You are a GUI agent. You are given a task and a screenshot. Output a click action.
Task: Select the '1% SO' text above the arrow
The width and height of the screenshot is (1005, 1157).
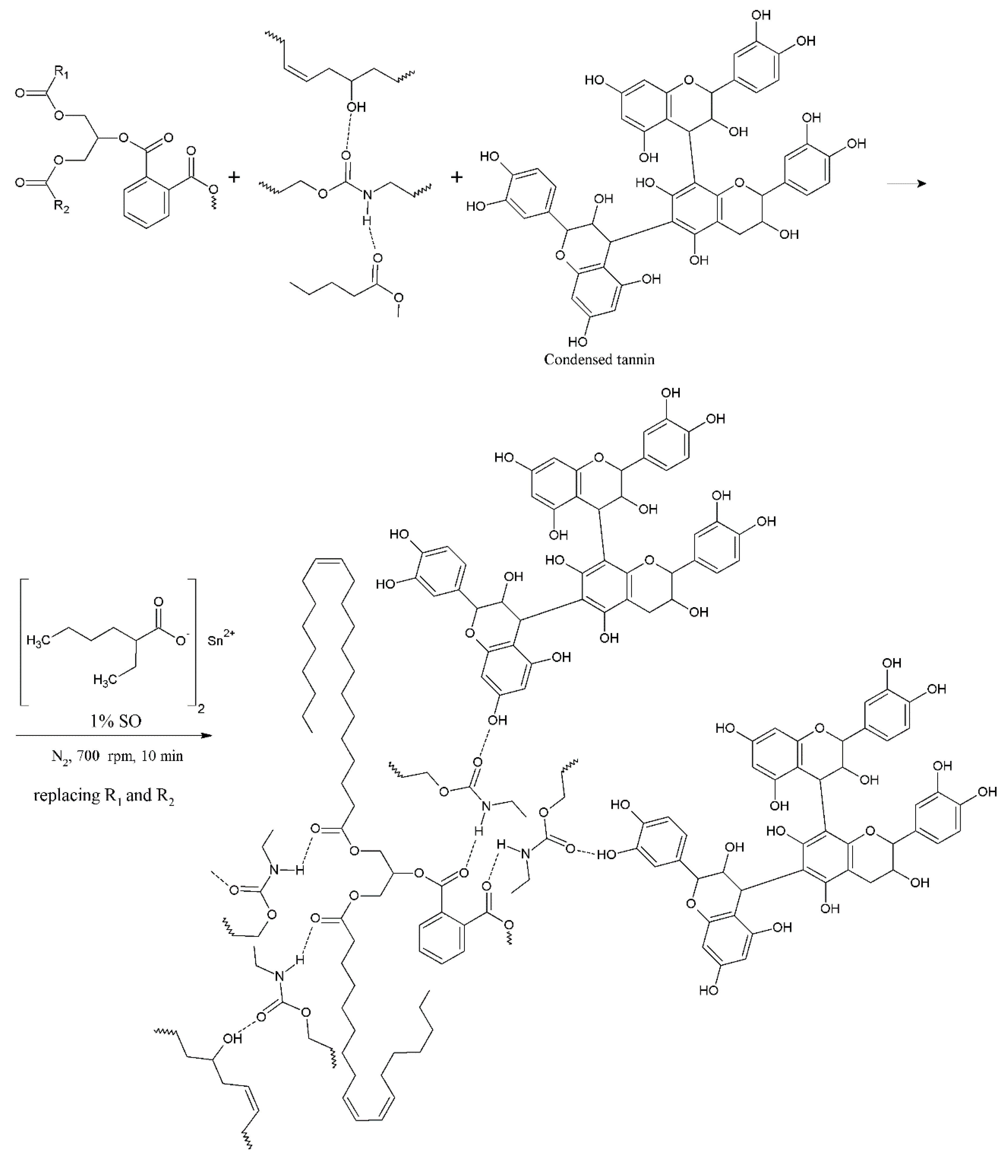(x=116, y=721)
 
